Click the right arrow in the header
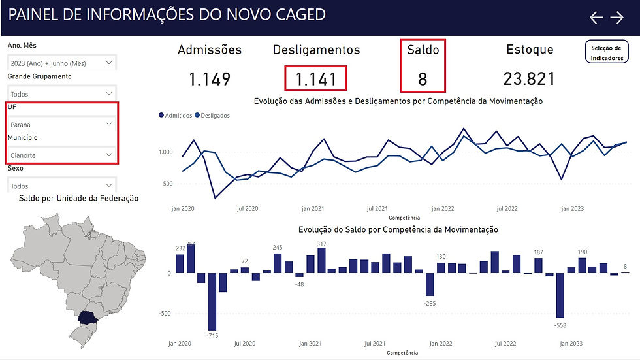tap(617, 18)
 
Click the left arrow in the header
tap(596, 18)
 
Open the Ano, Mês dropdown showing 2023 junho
tap(63, 63)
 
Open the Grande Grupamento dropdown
tap(63, 94)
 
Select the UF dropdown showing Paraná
tap(63, 124)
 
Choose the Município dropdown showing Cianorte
tap(63, 155)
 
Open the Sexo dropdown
tap(63, 186)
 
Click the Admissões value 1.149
tap(210, 80)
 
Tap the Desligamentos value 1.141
tap(316, 80)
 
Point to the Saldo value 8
tap(423, 80)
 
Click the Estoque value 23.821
tap(529, 80)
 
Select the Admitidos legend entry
tap(176, 116)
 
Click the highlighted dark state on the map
tap(86, 319)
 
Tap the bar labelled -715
tap(213, 301)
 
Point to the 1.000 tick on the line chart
tap(165, 152)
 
